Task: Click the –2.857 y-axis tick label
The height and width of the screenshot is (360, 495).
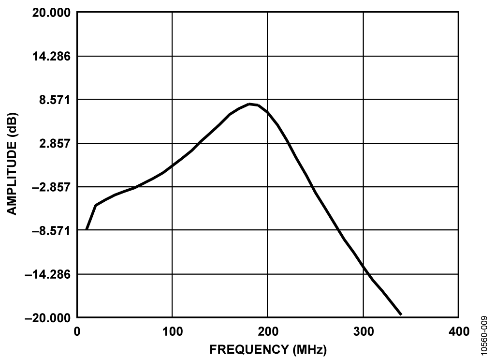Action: point(50,187)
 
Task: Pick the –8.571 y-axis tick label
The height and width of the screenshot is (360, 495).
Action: point(50,230)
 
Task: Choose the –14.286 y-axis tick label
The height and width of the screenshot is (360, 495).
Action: point(47,274)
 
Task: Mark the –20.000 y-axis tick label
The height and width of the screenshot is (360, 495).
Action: point(47,318)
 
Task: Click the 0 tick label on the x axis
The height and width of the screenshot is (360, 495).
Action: point(77,331)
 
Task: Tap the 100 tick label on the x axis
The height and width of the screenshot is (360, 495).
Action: point(172,331)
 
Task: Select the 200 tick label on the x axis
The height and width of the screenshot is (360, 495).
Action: point(267,331)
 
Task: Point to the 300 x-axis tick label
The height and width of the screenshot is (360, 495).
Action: point(363,331)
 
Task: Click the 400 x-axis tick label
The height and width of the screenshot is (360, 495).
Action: point(458,331)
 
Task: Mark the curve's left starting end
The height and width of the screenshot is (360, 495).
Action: point(86,229)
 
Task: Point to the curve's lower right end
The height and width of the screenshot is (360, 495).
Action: point(401,315)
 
